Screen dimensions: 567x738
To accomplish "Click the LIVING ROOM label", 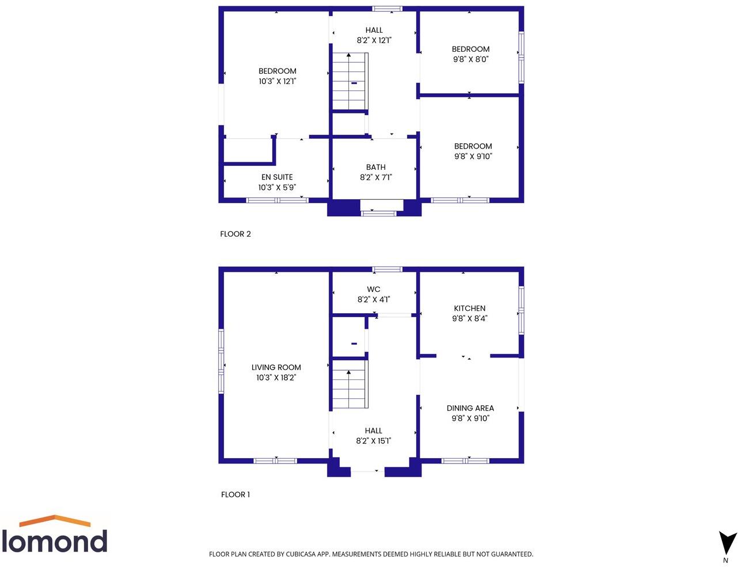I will (x=276, y=367).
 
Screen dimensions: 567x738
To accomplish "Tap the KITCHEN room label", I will (x=469, y=309).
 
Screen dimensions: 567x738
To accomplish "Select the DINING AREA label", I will (x=470, y=408).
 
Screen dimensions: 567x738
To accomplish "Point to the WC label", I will (x=374, y=290).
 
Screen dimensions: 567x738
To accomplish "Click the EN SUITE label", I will (x=277, y=177).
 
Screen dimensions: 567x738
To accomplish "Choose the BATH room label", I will (x=375, y=168).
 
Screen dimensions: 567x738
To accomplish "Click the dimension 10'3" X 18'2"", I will (x=276, y=378).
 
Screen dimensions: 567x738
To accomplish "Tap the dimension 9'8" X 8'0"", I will (x=470, y=59).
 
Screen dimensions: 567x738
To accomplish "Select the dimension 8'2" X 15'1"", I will (x=373, y=441).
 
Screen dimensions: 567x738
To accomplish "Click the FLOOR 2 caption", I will (x=235, y=234).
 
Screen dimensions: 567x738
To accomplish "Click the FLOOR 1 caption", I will (x=235, y=494).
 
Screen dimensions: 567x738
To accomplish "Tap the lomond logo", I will (x=55, y=535).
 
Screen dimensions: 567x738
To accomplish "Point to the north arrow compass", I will (x=727, y=544).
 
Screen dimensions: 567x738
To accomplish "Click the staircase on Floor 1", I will (x=349, y=385).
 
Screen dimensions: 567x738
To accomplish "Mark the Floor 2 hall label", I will (x=374, y=31).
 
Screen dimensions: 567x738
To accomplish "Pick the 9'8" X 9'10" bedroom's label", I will (x=473, y=146).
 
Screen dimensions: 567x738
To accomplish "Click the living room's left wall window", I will (x=221, y=361).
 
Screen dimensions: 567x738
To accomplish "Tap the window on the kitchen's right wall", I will (x=521, y=310).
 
